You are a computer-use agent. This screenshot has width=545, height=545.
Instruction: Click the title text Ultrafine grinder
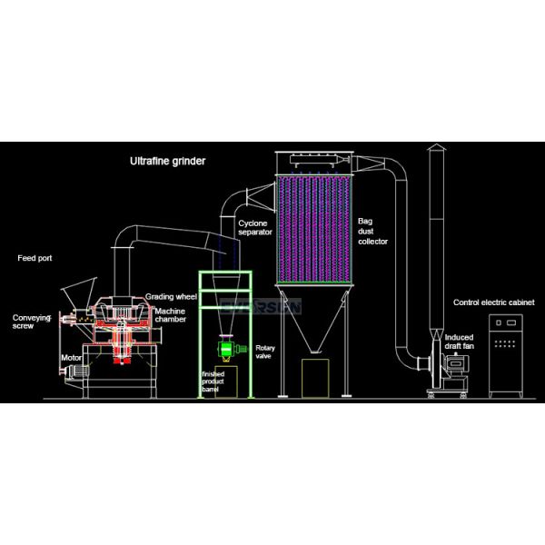click(x=166, y=161)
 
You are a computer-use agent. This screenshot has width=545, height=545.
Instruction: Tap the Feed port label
click(x=35, y=258)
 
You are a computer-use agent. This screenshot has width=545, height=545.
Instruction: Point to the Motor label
click(x=71, y=358)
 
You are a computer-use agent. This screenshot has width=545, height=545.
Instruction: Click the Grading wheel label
click(x=171, y=297)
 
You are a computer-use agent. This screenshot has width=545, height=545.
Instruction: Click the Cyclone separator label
click(x=255, y=227)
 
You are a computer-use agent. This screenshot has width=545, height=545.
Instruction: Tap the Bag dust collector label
click(x=372, y=231)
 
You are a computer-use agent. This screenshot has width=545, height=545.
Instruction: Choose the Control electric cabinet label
click(x=494, y=302)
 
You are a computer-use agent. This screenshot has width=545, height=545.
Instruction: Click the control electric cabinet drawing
click(x=505, y=355)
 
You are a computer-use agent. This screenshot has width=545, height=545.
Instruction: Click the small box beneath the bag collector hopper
click(x=315, y=376)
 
